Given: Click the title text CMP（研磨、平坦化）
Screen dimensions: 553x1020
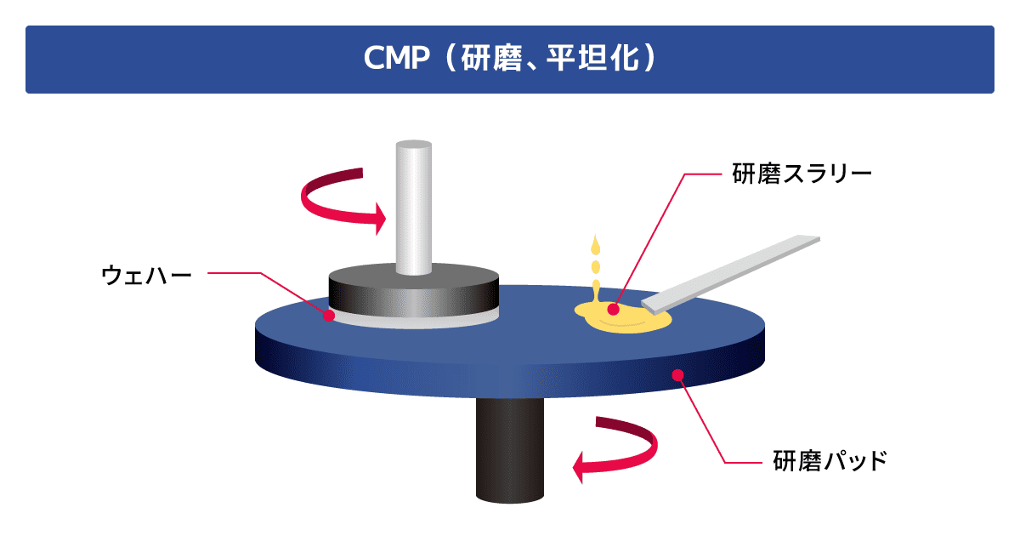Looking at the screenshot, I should pos(510,60).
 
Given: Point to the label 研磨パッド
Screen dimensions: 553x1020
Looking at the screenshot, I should pos(830,461).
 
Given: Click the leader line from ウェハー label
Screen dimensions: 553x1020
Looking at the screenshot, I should pos(255,274).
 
